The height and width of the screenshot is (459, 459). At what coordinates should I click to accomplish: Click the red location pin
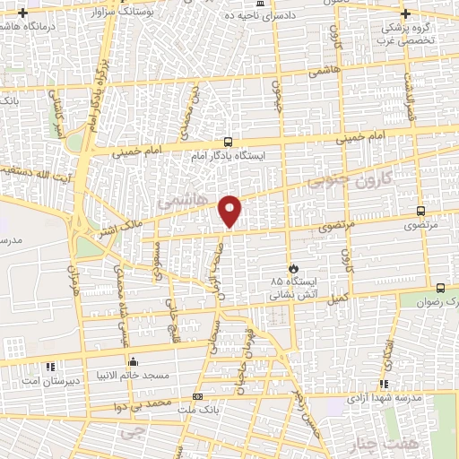click(x=231, y=210)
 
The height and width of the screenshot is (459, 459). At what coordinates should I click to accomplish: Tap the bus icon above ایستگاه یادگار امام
click(x=229, y=142)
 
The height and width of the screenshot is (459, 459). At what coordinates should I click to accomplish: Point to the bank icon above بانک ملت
click(x=197, y=396)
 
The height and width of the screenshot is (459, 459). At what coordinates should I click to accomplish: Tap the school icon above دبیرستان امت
click(x=50, y=367)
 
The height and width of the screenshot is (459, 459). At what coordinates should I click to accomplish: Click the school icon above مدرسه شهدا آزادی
click(x=384, y=385)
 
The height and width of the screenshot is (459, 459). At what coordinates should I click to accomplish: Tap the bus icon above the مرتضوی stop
click(x=420, y=212)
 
